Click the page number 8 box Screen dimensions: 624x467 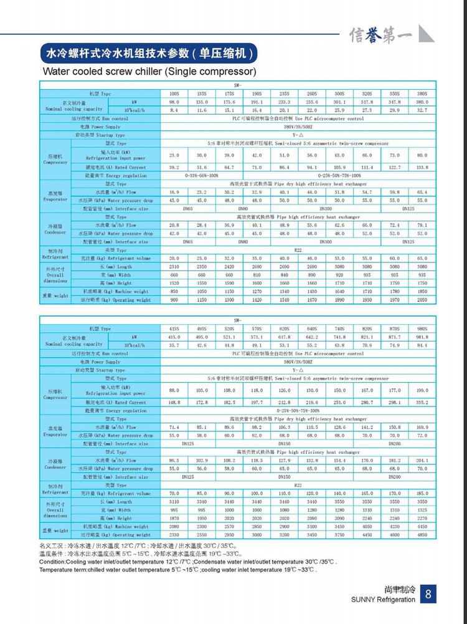click(428, 595)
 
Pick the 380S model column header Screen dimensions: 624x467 click(422, 93)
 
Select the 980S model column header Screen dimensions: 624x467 click(422, 329)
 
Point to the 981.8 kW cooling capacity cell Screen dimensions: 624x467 click(422, 337)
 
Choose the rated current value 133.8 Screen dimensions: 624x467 click(422, 168)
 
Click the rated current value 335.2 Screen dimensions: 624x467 click(422, 403)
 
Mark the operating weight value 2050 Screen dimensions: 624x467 click(422, 300)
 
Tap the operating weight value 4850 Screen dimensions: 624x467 click(422, 535)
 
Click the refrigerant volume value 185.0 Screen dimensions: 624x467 click(422, 493)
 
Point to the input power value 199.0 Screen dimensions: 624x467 click(422, 390)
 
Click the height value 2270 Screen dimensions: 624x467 click(422, 518)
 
